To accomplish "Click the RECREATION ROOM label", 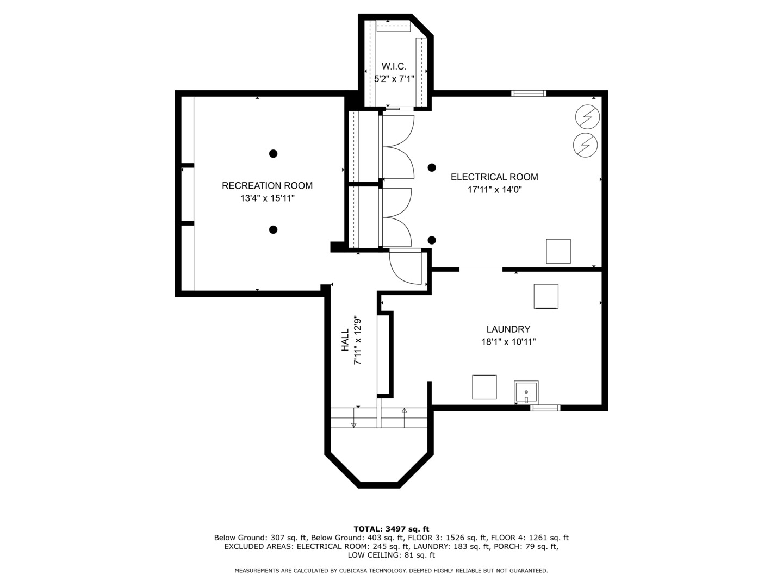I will pyautogui.click(x=267, y=185).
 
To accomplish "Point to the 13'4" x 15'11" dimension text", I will pyautogui.click(x=267, y=198).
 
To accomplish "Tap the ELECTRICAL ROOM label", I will pyautogui.click(x=494, y=177).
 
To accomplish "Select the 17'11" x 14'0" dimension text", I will pyautogui.click(x=494, y=190).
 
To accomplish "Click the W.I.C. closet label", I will pyautogui.click(x=394, y=66).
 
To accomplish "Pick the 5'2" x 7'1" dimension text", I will pyautogui.click(x=394, y=78).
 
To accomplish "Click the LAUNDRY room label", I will pyautogui.click(x=508, y=329).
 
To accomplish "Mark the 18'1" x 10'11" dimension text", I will pyautogui.click(x=508, y=342).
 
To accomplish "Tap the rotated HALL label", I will pyautogui.click(x=345, y=340).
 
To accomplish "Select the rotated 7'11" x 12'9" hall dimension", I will pyautogui.click(x=358, y=340).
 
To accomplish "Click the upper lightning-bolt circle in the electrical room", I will pyautogui.click(x=587, y=116).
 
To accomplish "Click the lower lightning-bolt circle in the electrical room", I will pyautogui.click(x=586, y=145).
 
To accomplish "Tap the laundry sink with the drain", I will pyautogui.click(x=526, y=392).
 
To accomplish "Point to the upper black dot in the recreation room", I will pyautogui.click(x=274, y=154).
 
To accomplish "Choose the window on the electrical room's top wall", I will pyautogui.click(x=529, y=93).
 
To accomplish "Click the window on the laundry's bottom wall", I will pyautogui.click(x=545, y=408).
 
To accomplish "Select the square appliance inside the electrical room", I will pyautogui.click(x=558, y=251).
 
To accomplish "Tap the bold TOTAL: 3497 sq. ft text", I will pyautogui.click(x=391, y=529).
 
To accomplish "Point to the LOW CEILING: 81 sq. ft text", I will pyautogui.click(x=391, y=555).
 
